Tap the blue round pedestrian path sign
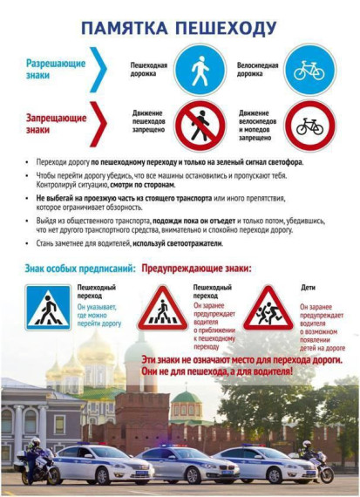point(200,70)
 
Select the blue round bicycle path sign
point(309,70)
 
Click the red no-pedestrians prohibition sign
point(200,126)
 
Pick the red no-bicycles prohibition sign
point(309,126)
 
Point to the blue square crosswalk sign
point(47,308)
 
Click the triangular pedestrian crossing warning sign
point(162,309)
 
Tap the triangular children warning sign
point(268,309)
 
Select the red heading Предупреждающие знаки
point(196,269)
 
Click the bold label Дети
point(308,287)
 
